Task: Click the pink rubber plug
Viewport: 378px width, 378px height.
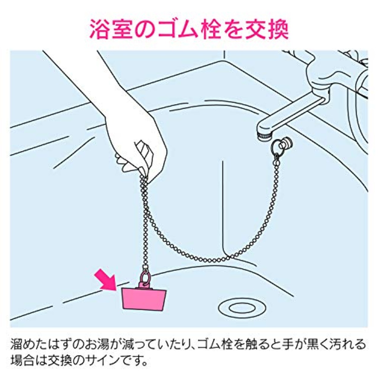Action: point(144,299)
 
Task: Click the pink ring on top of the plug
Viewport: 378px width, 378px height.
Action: point(145,278)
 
